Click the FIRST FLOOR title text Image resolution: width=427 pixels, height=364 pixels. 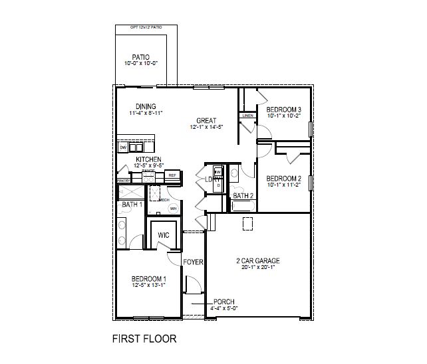click(x=144, y=339)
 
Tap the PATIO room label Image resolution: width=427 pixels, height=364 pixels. click(x=140, y=57)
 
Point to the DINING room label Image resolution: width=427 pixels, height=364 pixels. click(x=146, y=106)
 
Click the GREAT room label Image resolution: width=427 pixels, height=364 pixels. click(x=206, y=120)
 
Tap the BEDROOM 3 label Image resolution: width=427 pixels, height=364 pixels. click(x=284, y=110)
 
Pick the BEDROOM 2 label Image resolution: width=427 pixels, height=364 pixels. click(x=284, y=178)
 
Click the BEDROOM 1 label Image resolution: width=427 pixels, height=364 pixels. click(x=148, y=278)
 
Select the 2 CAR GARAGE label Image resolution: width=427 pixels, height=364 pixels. click(x=258, y=260)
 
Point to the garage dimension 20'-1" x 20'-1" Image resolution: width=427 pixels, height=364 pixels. click(x=258, y=268)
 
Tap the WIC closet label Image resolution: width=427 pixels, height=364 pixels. click(x=162, y=234)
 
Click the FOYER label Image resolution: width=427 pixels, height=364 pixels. click(x=193, y=262)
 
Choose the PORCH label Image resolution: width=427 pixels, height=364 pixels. click(x=224, y=302)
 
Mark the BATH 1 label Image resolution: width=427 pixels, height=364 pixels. click(x=132, y=205)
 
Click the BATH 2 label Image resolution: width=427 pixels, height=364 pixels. click(x=243, y=196)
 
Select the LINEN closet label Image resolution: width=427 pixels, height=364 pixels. click(x=247, y=116)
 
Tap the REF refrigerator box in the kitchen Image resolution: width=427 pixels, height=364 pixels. click(x=172, y=175)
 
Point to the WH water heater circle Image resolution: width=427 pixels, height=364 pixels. click(x=174, y=209)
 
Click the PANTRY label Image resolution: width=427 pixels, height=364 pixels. click(x=122, y=180)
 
